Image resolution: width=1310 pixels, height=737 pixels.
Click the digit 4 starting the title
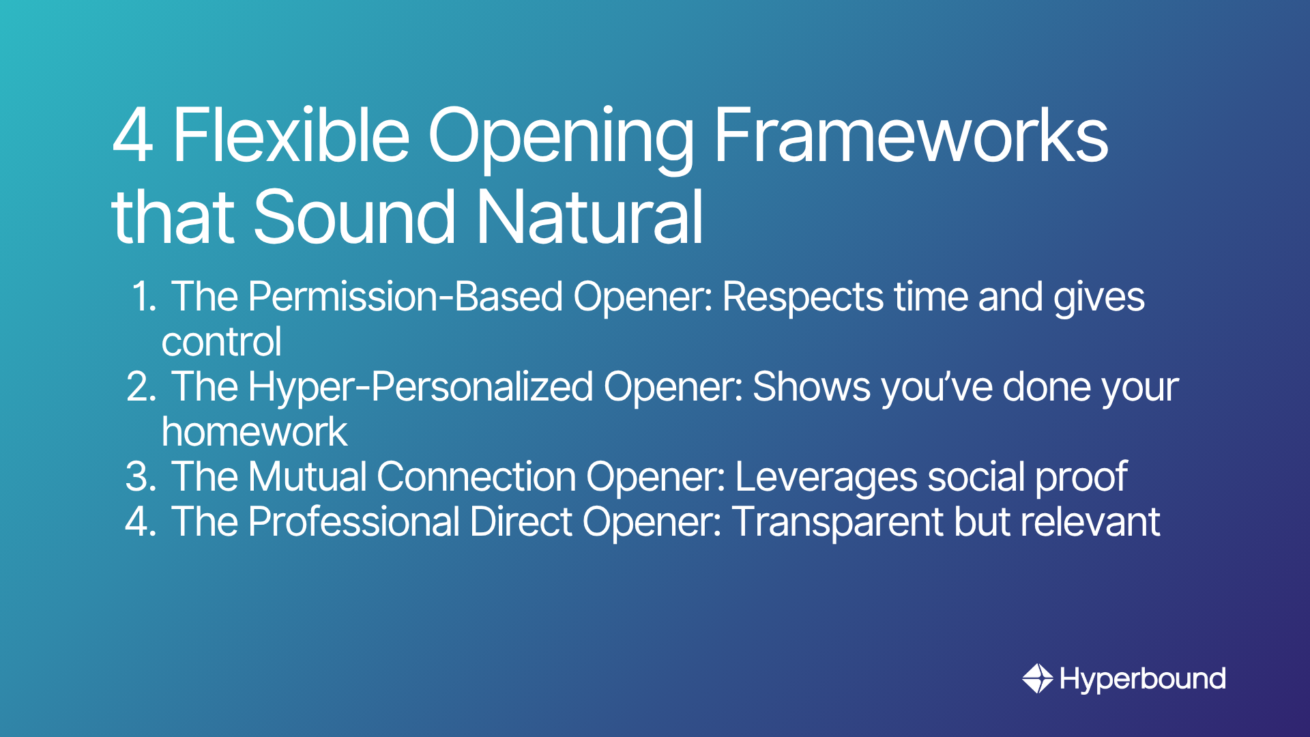point(133,135)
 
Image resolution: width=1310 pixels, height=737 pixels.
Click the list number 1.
point(144,297)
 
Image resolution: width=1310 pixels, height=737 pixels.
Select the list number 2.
point(142,387)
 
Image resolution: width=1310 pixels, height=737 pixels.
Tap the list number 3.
point(141,476)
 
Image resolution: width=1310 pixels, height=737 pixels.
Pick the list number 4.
point(141,522)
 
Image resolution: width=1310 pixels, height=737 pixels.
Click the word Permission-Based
point(406,297)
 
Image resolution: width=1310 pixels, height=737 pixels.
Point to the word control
point(222,342)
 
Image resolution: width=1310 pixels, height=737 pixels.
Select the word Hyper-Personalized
point(421,387)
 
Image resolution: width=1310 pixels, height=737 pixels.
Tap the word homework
point(254,432)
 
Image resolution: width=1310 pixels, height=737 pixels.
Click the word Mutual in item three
point(308,476)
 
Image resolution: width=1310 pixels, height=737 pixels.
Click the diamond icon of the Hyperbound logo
point(1038,678)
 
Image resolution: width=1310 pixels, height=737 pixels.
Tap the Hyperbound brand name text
point(1143,679)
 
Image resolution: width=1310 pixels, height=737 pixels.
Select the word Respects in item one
point(803,298)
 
